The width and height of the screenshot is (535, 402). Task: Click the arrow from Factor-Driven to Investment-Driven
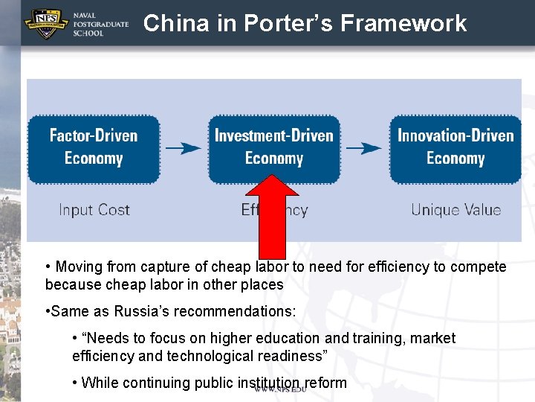[184, 147]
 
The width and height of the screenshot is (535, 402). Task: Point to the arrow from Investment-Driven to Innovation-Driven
[364, 147]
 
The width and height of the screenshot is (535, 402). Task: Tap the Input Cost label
[94, 210]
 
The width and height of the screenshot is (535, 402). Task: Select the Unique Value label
[455, 210]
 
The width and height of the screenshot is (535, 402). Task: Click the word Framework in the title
[403, 23]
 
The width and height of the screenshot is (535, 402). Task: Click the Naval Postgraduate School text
[101, 24]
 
